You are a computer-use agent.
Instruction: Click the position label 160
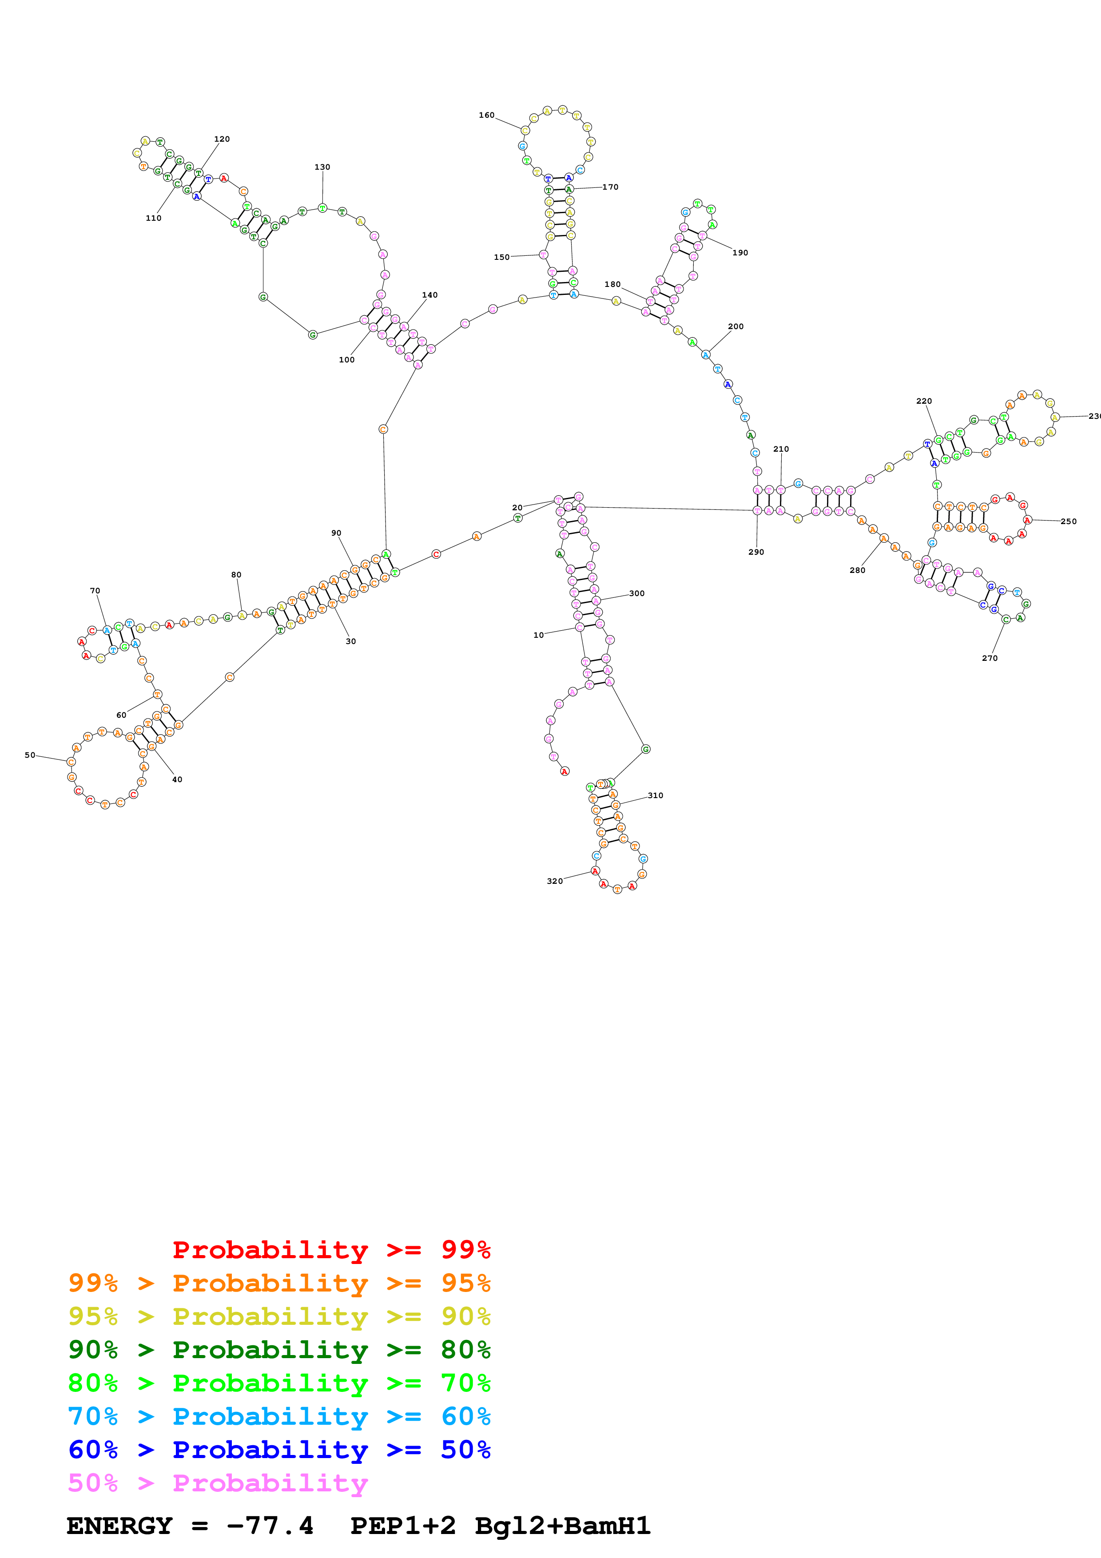coord(486,115)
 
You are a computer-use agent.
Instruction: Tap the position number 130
coord(322,167)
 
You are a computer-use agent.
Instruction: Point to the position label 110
coord(153,218)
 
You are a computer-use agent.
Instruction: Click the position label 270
coord(990,658)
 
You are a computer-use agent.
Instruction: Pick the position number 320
coord(555,881)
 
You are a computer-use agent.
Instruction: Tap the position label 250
coord(1069,521)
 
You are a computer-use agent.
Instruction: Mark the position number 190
coord(740,252)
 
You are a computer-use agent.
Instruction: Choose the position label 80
coord(236,575)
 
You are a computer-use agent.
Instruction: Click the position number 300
coord(636,593)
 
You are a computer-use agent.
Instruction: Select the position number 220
coord(924,401)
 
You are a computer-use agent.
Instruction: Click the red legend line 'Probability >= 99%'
coord(331,1249)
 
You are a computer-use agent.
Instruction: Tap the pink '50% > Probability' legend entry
coord(217,1482)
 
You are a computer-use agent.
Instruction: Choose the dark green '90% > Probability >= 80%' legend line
coord(279,1350)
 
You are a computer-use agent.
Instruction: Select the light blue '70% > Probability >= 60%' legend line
coord(279,1416)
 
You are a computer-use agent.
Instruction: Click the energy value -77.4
coord(270,1526)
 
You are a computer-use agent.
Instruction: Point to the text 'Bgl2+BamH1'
coord(562,1526)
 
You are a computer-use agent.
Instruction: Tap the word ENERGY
coord(119,1526)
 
